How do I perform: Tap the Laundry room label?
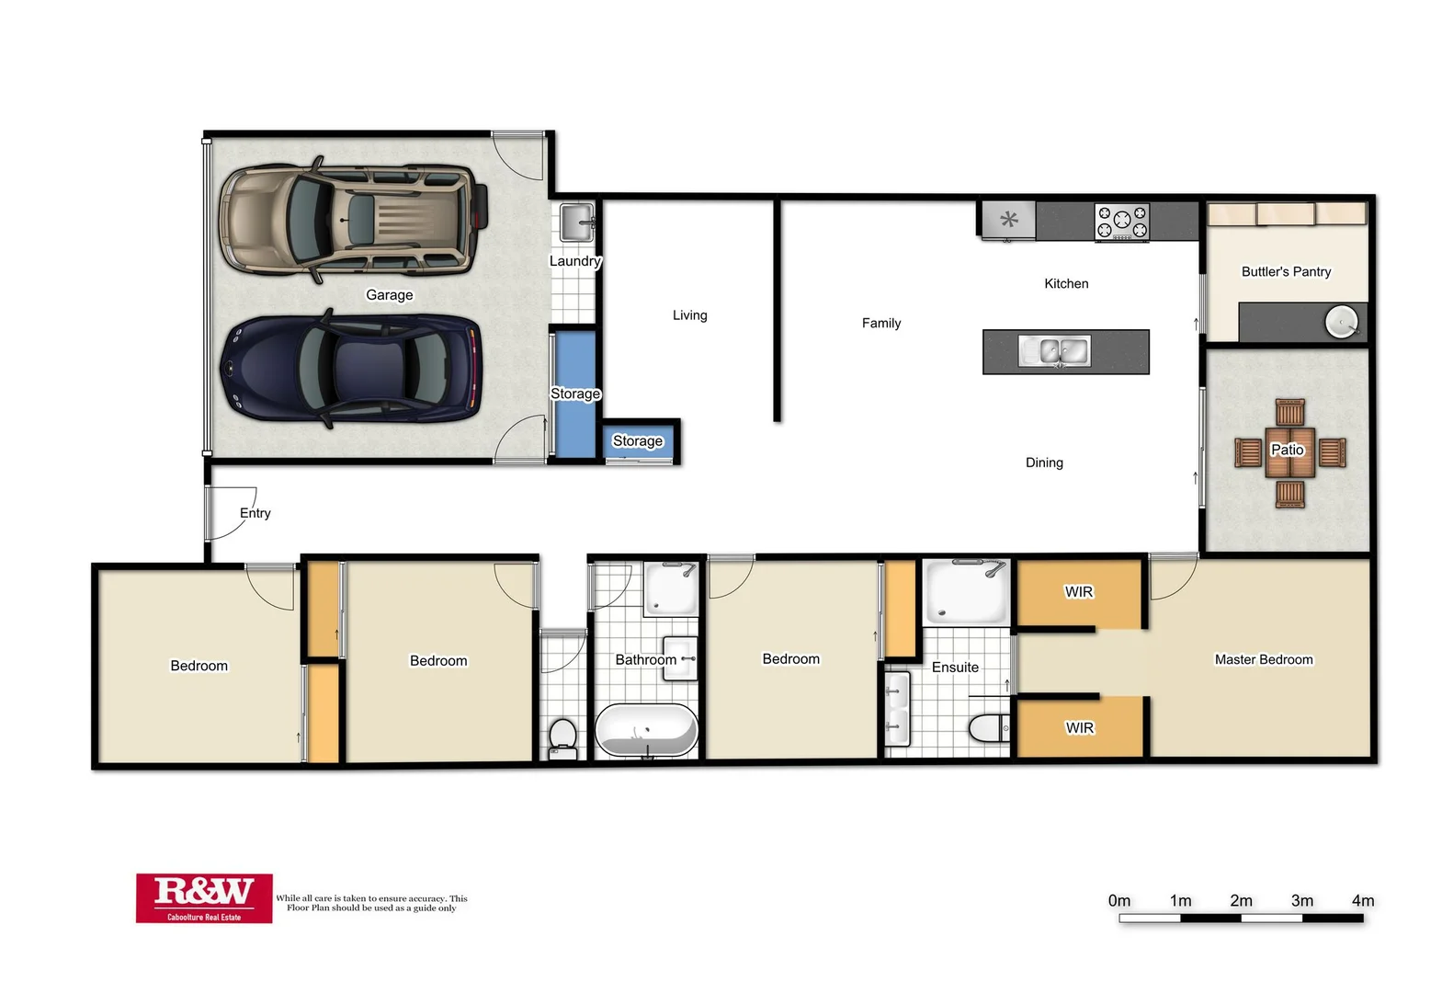coord(574,261)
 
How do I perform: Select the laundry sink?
coord(576,222)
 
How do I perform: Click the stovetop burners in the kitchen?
coord(1121,223)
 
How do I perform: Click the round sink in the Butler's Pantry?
coord(1341,322)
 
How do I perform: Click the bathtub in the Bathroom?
coord(646,731)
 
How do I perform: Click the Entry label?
coord(255,513)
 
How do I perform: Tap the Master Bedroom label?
coord(1263,659)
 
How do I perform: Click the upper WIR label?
coord(1079,592)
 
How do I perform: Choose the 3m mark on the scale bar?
coord(1301,901)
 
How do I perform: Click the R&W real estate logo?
coord(204,897)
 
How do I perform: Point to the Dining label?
coord(1044,462)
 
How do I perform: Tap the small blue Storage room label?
coord(638,441)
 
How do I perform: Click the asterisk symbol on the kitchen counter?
coord(1009,220)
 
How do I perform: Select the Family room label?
coord(880,323)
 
